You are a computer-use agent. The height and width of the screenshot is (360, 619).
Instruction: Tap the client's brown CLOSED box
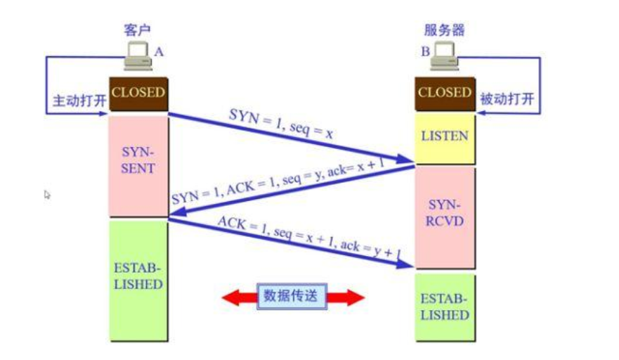pyautogui.click(x=138, y=93)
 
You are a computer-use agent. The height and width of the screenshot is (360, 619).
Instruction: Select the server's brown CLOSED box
pyautogui.click(x=444, y=93)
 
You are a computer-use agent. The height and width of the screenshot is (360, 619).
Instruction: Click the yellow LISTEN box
pyautogui.click(x=444, y=136)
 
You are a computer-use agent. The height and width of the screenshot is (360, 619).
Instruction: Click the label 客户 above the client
pyautogui.click(x=137, y=30)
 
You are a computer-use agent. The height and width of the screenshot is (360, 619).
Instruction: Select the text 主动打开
pyautogui.click(x=78, y=101)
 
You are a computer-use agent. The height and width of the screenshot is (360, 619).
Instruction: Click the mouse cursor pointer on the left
pyautogui.click(x=47, y=194)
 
